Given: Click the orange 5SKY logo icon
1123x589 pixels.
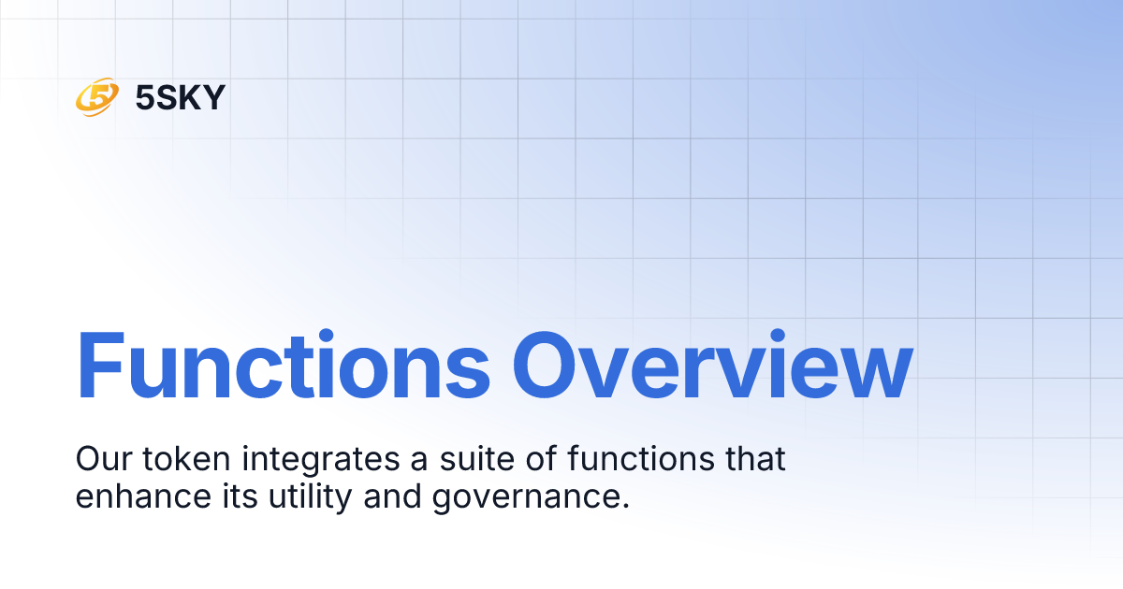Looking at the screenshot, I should point(96,96).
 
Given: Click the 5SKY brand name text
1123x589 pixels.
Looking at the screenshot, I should point(181,96).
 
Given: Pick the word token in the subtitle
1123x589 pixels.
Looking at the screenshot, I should point(180,459).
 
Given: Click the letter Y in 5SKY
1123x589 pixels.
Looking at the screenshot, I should point(213,96).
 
